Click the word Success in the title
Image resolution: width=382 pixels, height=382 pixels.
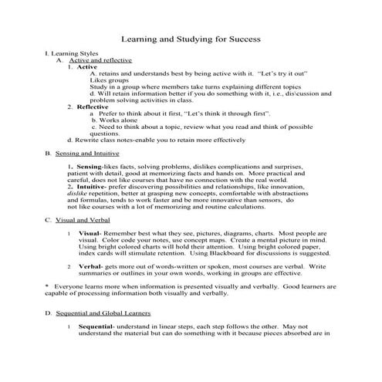(x=240, y=38)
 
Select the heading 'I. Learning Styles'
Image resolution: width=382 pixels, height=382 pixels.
(x=70, y=53)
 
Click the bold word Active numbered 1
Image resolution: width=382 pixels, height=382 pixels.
(x=87, y=67)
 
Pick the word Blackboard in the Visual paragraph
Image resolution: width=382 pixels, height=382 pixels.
(x=252, y=252)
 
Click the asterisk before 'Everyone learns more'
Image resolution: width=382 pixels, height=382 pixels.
(x=46, y=286)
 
